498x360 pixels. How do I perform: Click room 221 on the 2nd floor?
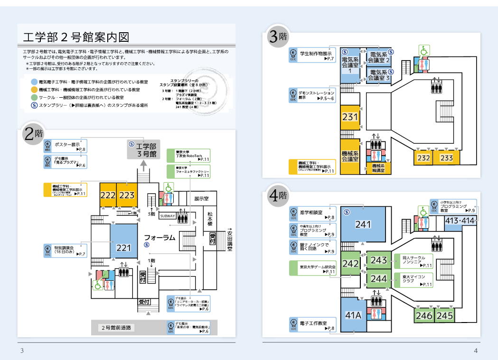pos(123,247)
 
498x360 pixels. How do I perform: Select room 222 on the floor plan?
pos(108,195)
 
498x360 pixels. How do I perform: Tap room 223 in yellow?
pos(127,195)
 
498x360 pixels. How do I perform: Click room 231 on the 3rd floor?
pos(350,116)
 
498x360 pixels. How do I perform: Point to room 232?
pos(423,158)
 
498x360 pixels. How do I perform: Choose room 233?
pos(446,158)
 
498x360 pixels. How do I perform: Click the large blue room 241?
pos(363,224)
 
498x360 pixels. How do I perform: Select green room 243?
pos(379,260)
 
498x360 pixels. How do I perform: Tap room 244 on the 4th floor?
pos(379,279)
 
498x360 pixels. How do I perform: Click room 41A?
pos(353,315)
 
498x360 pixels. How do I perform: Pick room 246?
pos(423,315)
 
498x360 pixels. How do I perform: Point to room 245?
pos(445,315)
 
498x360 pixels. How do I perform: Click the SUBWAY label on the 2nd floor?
pos(168,216)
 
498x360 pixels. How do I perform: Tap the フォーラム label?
pos(160,237)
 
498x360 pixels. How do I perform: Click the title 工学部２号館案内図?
pos(76,37)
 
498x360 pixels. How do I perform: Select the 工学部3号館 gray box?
pos(146,150)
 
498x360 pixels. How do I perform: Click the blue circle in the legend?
pos(34,82)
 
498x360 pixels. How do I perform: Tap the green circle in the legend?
pos(34,97)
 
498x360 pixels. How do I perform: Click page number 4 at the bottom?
pos(476,351)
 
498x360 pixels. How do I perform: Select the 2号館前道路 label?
pos(117,327)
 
